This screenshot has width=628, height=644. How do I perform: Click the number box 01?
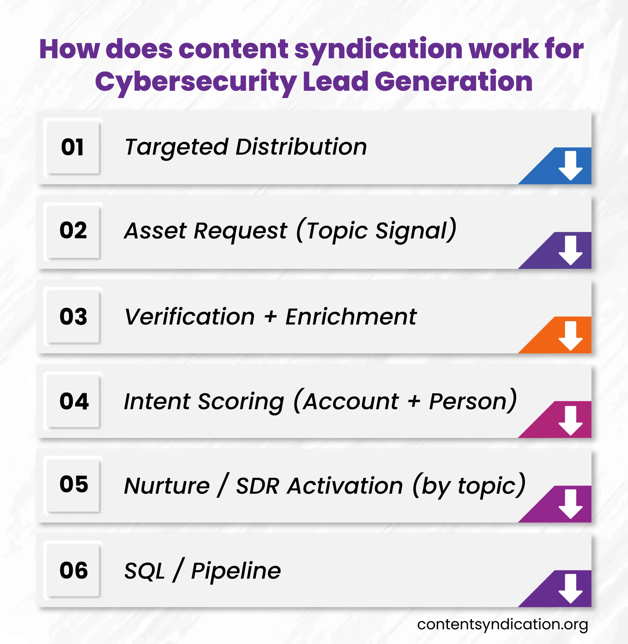point(73,147)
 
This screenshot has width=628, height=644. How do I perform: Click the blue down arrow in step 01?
point(570,165)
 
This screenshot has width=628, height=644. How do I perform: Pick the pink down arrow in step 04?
point(570,420)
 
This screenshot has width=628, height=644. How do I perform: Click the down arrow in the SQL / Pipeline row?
point(570,589)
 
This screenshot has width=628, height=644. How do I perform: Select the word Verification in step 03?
point(190,317)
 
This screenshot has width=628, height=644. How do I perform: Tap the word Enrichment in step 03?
point(351,317)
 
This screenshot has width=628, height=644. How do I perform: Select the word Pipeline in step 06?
point(236,571)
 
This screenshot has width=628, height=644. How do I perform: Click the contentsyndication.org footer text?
point(502,625)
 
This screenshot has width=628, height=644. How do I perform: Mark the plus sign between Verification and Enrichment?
point(270,317)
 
